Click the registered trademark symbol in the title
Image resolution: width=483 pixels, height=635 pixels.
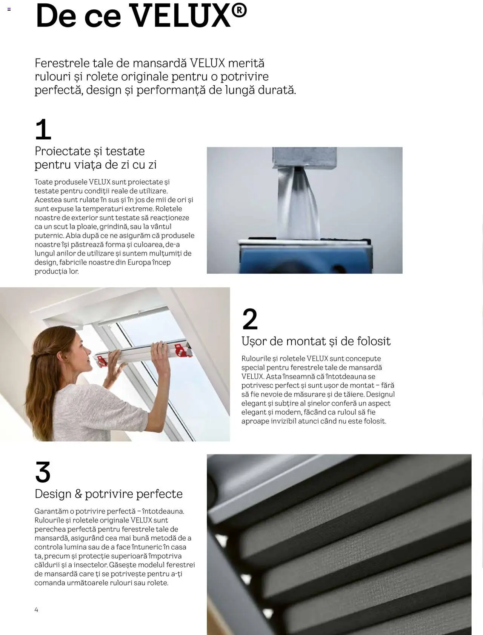(x=239, y=11)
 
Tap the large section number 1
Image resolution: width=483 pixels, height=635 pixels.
(x=43, y=129)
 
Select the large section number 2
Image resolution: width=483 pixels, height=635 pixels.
(x=250, y=319)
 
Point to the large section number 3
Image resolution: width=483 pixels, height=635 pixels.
(x=43, y=472)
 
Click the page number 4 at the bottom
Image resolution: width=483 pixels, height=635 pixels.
(x=36, y=609)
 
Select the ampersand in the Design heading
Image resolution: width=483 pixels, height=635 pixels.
(x=78, y=494)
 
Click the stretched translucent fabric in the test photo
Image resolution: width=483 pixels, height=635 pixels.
(x=298, y=204)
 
